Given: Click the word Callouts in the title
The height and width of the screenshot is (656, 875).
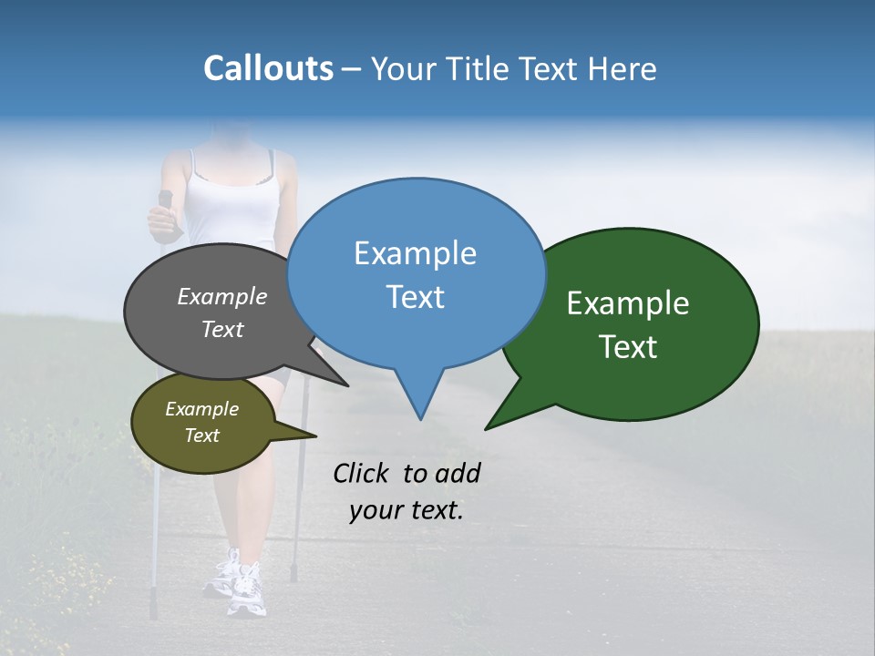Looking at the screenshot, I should coord(268,68).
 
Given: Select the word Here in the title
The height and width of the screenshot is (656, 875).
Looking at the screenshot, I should coord(621,68).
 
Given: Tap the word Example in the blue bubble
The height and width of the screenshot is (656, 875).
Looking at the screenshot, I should coord(415,253).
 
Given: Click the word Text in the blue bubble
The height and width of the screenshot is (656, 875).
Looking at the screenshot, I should coord(415,297).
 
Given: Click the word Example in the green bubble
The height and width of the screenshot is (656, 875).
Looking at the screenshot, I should coord(628,303).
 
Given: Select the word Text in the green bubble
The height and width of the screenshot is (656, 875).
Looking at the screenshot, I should coord(628,347).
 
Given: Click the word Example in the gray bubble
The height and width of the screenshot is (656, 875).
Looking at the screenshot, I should coord(221,296).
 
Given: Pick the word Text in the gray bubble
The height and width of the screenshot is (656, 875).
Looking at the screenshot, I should coord(221,329).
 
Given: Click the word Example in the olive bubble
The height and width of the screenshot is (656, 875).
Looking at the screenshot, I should coord(201,409).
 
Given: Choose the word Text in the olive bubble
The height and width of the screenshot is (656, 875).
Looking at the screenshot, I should coord(201,436).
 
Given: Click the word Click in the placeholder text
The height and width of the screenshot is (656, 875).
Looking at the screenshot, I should coord(362,473).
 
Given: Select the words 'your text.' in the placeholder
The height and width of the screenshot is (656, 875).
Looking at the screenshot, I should coord(407,510).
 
